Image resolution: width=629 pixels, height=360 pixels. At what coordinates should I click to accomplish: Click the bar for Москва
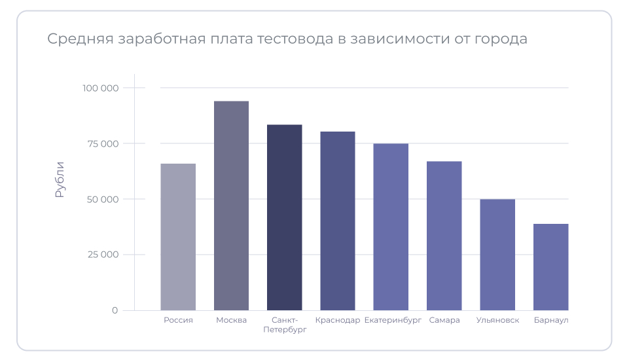(x=231, y=206)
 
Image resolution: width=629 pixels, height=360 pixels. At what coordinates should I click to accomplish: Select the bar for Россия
(x=178, y=237)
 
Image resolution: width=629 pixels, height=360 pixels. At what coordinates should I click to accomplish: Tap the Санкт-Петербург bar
(x=285, y=217)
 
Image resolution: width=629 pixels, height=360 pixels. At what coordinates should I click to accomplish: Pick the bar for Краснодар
(x=338, y=221)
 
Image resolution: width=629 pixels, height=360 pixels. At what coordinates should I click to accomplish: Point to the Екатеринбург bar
(x=391, y=226)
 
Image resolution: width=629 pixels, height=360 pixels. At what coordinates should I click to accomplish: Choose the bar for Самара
(x=444, y=236)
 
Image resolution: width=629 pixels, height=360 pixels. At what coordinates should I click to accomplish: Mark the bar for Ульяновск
(x=497, y=255)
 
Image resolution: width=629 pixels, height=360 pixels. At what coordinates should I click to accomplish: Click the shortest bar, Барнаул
(x=550, y=267)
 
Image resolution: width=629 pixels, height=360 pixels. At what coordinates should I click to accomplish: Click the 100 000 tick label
(x=101, y=88)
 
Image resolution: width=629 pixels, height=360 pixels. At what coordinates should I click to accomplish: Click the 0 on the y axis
(x=115, y=310)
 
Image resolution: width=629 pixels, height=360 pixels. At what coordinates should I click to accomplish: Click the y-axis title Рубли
(x=60, y=179)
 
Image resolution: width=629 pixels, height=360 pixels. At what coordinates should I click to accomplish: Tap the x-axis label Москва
(x=231, y=321)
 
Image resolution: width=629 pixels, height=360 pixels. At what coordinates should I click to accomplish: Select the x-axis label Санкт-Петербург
(x=285, y=325)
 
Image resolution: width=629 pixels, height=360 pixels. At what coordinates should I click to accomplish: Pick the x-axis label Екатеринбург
(x=393, y=321)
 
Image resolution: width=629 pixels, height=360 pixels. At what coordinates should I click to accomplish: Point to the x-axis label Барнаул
(x=550, y=321)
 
